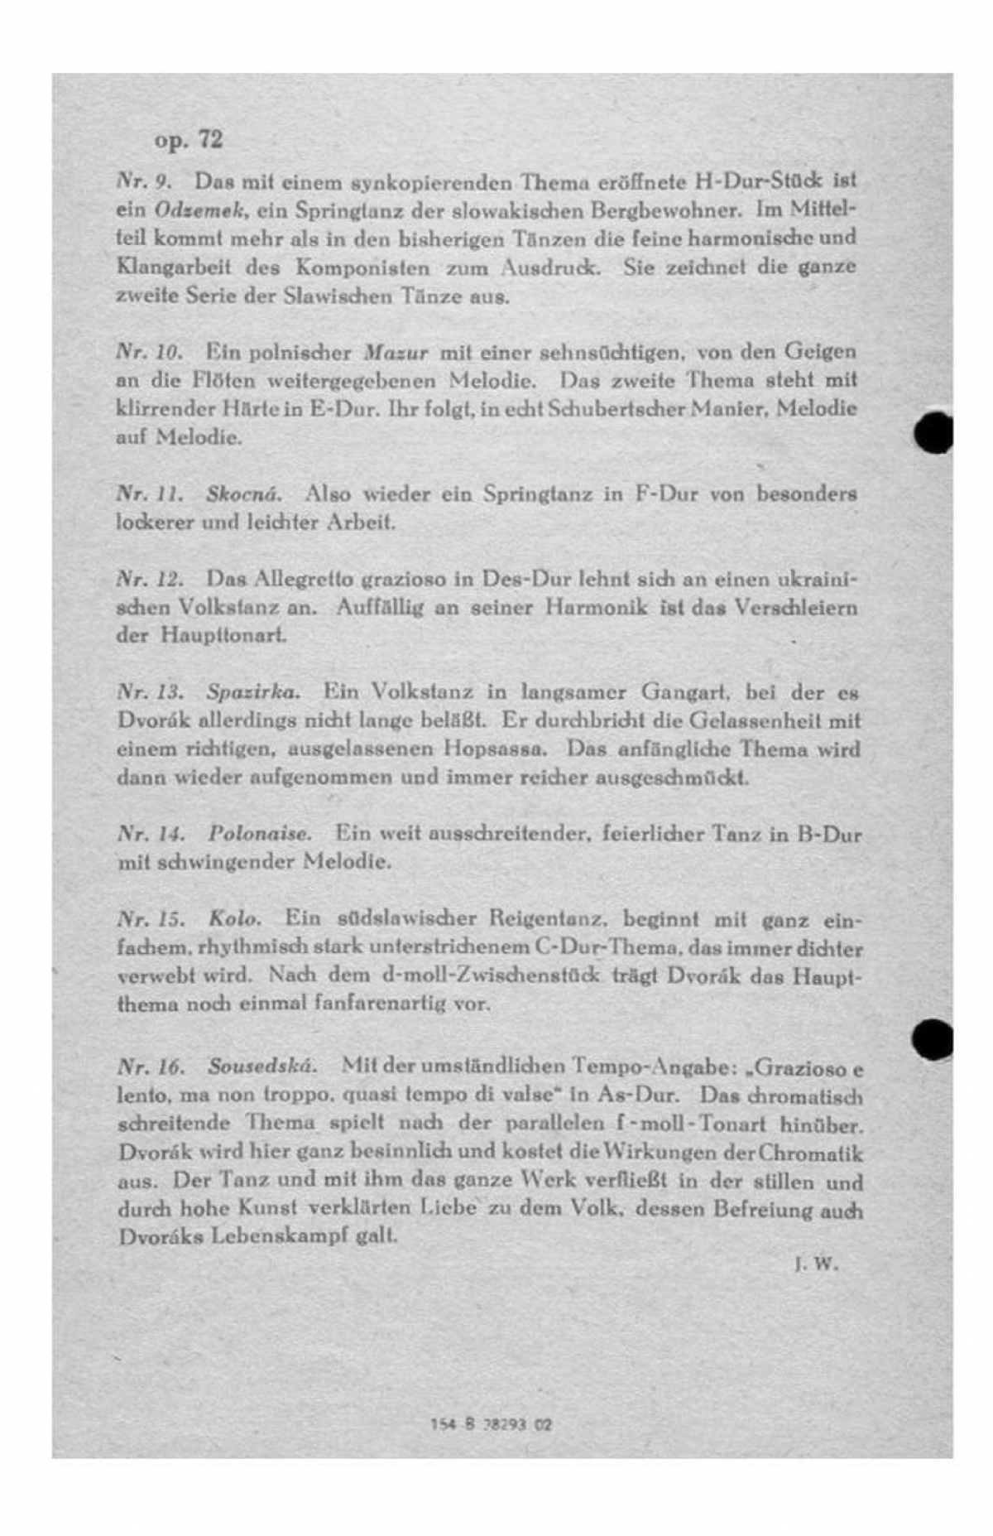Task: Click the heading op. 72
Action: click(188, 139)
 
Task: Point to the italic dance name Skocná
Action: click(244, 494)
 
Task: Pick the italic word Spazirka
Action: click(253, 691)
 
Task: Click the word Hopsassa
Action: click(496, 749)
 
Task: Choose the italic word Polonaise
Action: click(260, 834)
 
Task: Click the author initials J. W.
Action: click(815, 1264)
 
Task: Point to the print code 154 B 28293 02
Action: click(491, 1425)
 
